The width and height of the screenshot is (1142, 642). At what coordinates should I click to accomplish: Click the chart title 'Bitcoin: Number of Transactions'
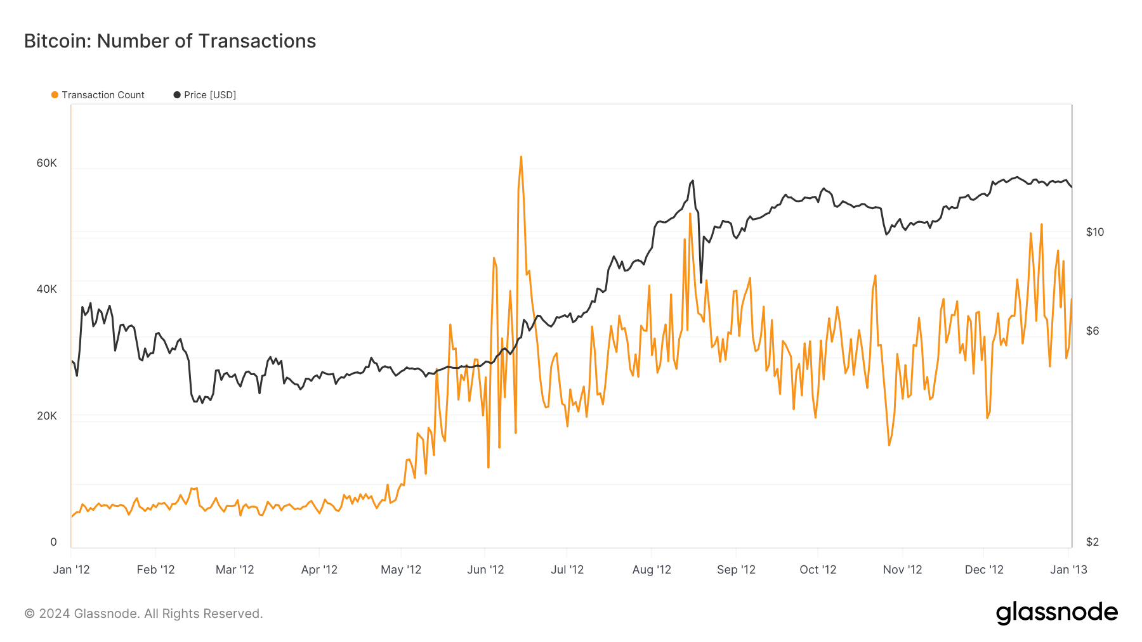coord(170,41)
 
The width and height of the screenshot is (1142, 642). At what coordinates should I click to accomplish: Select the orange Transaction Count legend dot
coord(55,95)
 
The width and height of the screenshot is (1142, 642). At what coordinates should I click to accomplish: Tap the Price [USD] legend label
coord(209,95)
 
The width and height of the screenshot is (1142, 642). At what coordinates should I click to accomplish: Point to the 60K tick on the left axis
coord(46,163)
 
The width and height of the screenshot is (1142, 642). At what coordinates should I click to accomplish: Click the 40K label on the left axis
coord(46,289)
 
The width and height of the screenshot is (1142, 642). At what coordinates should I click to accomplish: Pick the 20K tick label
coord(46,416)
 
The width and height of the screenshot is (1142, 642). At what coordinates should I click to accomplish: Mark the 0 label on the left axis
coord(53,542)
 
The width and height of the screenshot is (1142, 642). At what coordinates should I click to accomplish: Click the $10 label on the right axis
coord(1094,232)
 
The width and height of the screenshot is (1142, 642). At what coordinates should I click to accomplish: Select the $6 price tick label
coord(1092,331)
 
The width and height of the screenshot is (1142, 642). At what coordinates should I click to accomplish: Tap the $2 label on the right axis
coord(1092,542)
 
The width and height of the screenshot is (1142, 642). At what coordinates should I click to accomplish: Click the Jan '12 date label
coord(71,570)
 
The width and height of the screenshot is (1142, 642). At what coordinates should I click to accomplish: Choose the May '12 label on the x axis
coord(400,570)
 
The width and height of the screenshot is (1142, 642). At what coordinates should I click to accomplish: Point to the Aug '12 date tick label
coord(651,570)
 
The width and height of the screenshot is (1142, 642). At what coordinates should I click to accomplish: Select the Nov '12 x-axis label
coord(902,570)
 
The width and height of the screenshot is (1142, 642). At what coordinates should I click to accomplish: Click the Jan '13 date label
coord(1068,570)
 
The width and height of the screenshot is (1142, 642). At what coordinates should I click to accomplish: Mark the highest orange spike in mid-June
coord(521,157)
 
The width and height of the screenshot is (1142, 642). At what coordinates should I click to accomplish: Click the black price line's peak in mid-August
coord(693,181)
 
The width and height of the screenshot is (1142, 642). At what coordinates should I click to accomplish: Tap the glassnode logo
coord(1056,613)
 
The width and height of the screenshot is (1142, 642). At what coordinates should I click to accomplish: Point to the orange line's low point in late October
coord(889,445)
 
